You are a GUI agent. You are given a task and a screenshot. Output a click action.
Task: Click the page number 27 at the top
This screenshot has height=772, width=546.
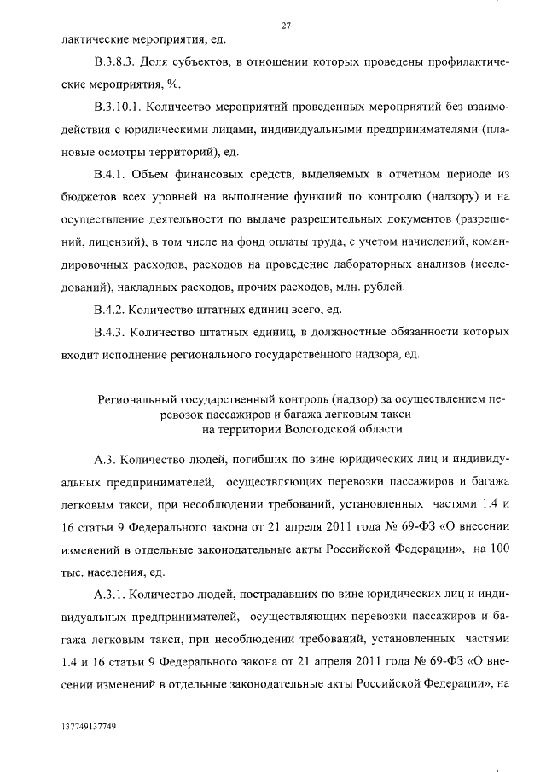pyautogui.click(x=287, y=26)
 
